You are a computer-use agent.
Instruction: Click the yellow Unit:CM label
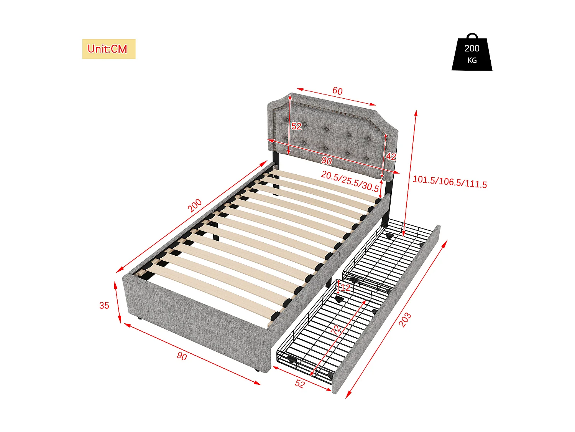coord(108,49)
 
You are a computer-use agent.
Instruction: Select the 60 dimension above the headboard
coord(337,91)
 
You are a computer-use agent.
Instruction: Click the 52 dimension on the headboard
coord(296,126)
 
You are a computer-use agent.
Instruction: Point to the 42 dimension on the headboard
coord(391,156)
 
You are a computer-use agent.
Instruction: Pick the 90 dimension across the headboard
coord(327,161)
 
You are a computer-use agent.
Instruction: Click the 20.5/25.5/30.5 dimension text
coord(350,181)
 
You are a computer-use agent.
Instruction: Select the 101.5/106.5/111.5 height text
coord(450,182)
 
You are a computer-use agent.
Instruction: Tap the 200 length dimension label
coord(195,205)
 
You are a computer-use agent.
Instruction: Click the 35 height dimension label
coord(104,306)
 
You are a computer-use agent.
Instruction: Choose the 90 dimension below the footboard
coord(182,356)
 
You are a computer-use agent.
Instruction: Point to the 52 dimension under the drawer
coord(300,384)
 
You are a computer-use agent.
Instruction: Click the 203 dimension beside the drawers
coord(405,319)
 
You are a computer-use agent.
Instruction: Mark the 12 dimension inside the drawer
coord(346,288)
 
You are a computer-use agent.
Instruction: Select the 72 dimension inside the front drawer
coord(336,329)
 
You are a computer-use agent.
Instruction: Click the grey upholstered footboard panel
coord(195,315)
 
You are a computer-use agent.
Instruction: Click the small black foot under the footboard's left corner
coord(139,319)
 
